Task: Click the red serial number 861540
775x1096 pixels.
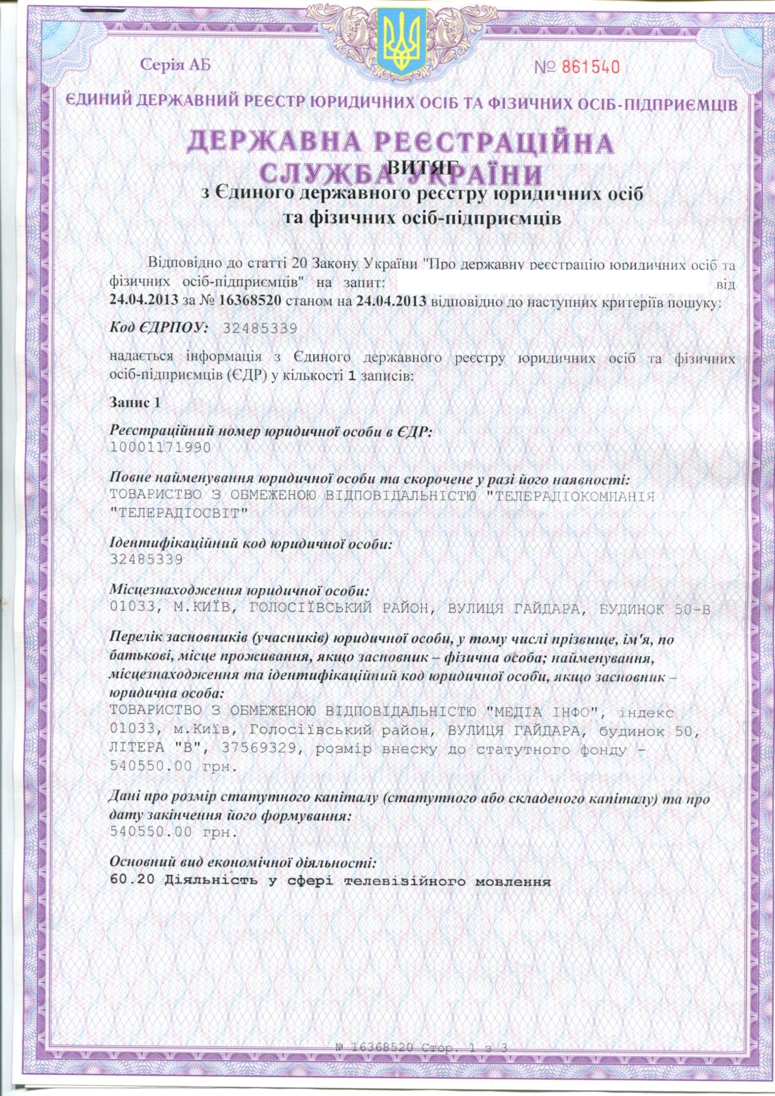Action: coord(587,66)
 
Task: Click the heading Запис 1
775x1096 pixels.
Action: coord(135,402)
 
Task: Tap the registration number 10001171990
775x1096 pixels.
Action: coord(160,447)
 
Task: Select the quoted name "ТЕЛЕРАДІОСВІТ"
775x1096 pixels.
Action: coord(179,513)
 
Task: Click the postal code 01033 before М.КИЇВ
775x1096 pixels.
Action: coord(127,609)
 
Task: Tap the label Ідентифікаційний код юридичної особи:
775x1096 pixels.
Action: coord(251,544)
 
